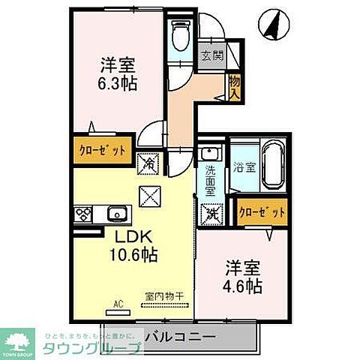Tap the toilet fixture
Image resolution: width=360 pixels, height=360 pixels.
point(179,34)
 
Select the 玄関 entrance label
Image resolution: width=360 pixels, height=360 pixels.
point(211,55)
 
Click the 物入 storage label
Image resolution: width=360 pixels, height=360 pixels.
point(234,86)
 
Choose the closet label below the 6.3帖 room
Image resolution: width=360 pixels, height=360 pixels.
point(101,148)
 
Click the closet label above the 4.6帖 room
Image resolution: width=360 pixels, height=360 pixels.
point(262,212)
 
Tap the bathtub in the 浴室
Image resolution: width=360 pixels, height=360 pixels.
point(274,166)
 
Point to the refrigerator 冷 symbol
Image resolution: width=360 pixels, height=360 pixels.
point(147,163)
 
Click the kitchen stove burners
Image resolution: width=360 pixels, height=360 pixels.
point(82,215)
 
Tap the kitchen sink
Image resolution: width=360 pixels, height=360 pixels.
point(116,215)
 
